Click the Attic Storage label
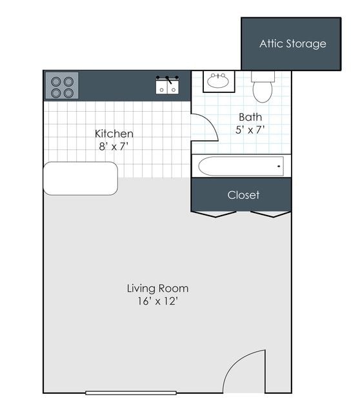[292, 44]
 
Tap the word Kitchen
[114, 134]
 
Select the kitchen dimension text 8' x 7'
[114, 146]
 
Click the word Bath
[250, 118]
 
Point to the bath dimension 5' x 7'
[250, 130]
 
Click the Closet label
[243, 194]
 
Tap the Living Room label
[157, 288]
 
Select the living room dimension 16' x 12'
[157, 301]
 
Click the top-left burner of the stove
[56, 81]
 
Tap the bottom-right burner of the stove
[68, 92]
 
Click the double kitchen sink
[168, 85]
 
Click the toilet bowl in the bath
[262, 92]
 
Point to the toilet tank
[263, 76]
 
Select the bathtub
[241, 166]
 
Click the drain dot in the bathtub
[279, 167]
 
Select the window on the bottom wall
[122, 393]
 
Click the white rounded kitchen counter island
[81, 178]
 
